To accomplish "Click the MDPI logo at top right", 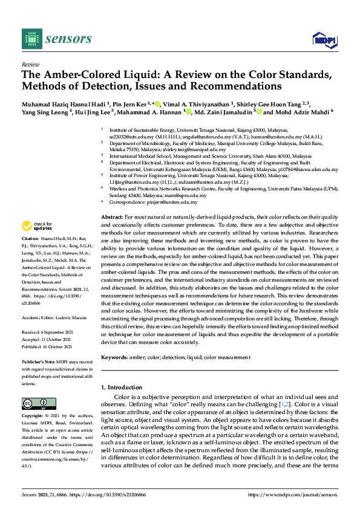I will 324,40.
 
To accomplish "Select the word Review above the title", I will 30,63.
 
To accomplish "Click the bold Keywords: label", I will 114,358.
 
